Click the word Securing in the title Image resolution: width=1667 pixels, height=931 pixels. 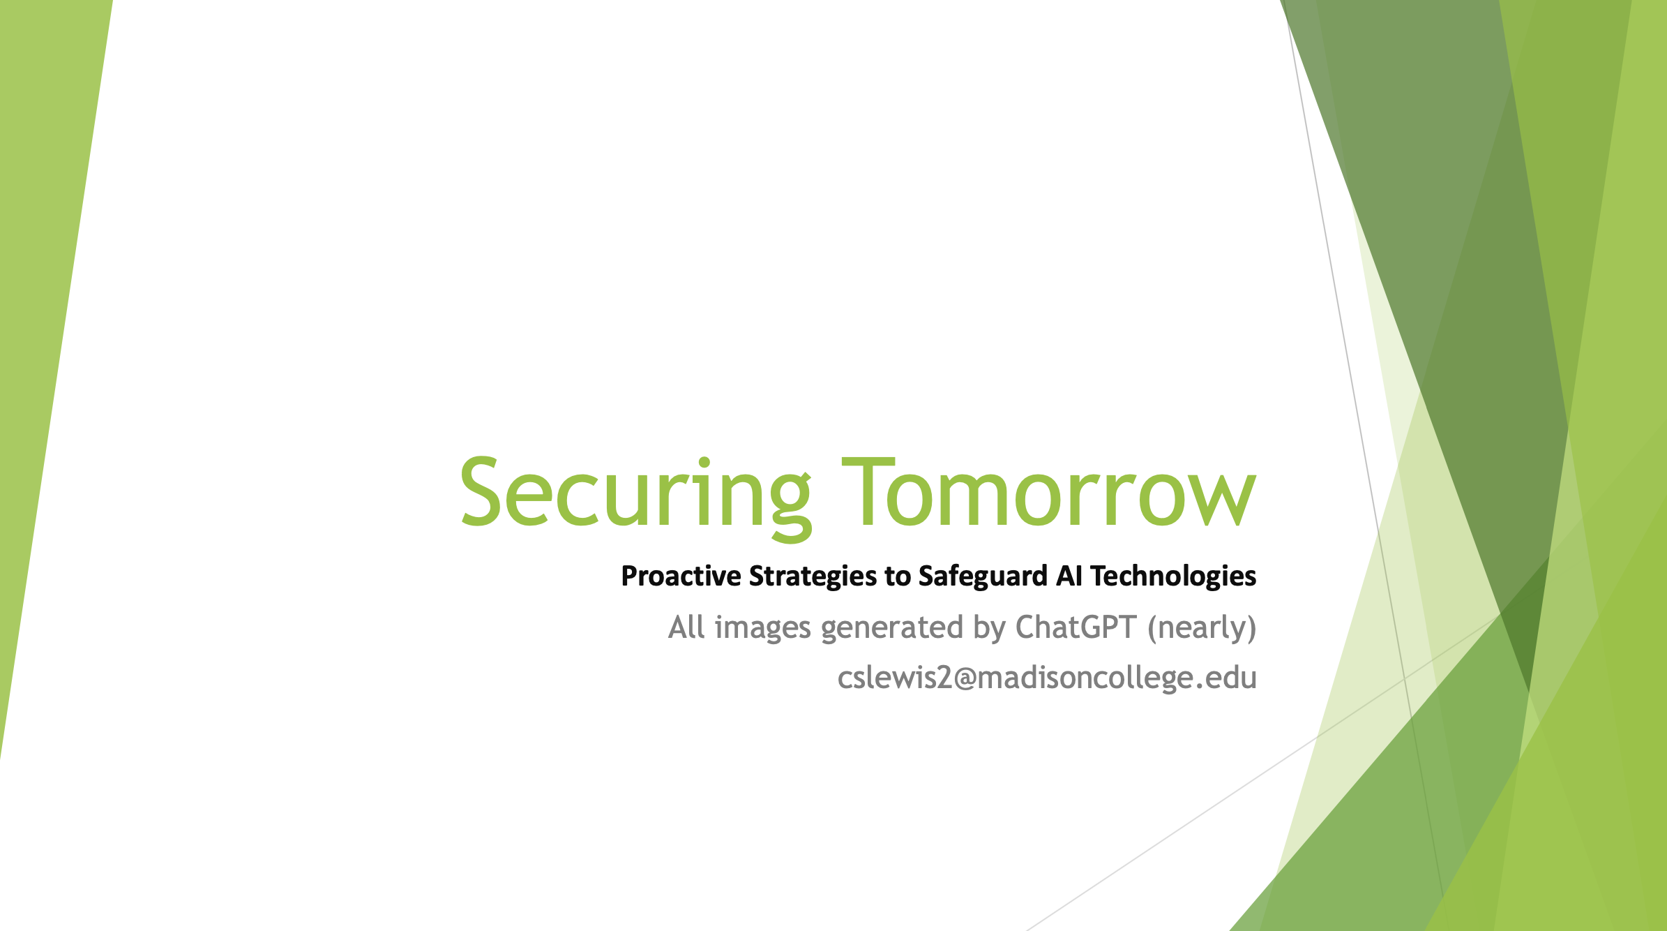[635, 493]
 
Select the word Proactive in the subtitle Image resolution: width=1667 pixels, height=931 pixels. [681, 576]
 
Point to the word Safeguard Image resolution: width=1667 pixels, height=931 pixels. [983, 576]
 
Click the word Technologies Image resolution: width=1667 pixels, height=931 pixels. [1173, 576]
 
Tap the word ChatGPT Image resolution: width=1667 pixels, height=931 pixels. [1076, 627]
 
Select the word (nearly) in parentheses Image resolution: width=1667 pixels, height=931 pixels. [1202, 627]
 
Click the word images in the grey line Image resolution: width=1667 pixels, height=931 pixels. [762, 627]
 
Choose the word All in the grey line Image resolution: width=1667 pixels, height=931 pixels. [686, 627]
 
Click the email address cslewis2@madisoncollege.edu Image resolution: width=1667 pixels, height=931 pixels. [1047, 678]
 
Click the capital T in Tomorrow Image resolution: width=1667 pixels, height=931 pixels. [868, 493]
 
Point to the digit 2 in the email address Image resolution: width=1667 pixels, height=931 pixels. [944, 678]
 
